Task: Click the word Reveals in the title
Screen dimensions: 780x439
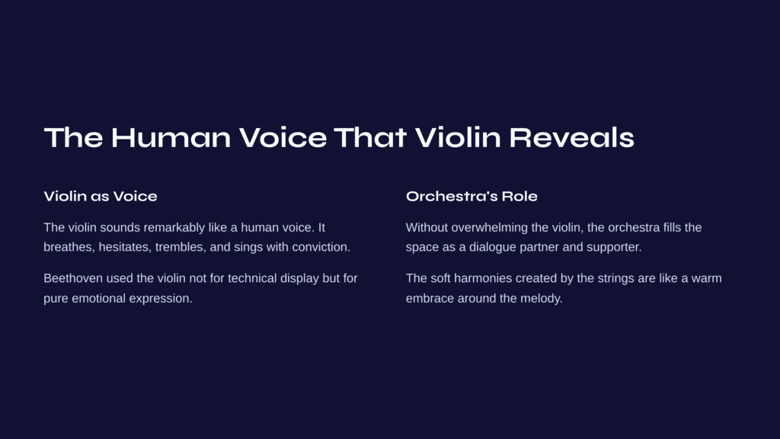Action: coord(571,137)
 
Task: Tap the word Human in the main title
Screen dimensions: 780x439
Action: coord(171,137)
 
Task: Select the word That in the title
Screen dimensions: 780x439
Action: coord(370,137)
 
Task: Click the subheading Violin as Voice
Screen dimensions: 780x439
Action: coord(101,196)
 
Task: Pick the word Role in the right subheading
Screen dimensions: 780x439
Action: coord(519,196)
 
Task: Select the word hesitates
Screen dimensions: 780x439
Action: coord(124,247)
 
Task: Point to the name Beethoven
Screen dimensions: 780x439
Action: coord(72,278)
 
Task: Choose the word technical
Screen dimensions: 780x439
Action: coord(252,278)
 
